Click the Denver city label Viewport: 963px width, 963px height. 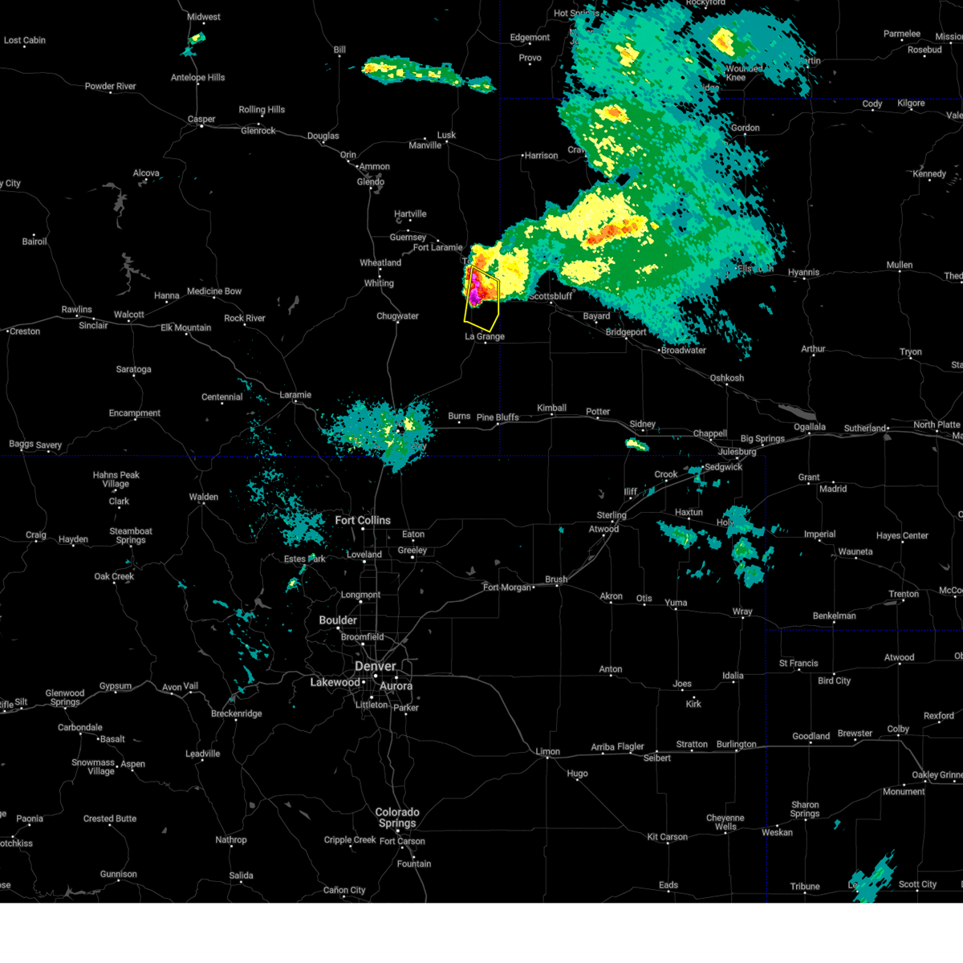[375, 666]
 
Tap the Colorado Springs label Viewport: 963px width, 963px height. [397, 817]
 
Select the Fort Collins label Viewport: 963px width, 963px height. [363, 520]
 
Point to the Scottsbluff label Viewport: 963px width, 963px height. [551, 296]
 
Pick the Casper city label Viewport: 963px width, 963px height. [201, 120]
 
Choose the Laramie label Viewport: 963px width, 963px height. [295, 395]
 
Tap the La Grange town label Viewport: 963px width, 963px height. [485, 336]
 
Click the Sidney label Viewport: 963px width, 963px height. [642, 424]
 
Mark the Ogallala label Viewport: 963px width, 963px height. [810, 427]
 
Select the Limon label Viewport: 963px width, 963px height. [548, 752]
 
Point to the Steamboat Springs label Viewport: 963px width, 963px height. [131, 535]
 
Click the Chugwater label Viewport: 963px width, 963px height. [397, 316]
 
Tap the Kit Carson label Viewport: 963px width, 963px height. [668, 837]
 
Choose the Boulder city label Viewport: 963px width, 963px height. [338, 620]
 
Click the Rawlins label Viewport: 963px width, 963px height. [77, 310]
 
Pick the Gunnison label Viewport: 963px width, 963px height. [119, 874]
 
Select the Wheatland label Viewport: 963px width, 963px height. [380, 263]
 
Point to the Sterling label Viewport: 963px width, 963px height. [612, 515]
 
